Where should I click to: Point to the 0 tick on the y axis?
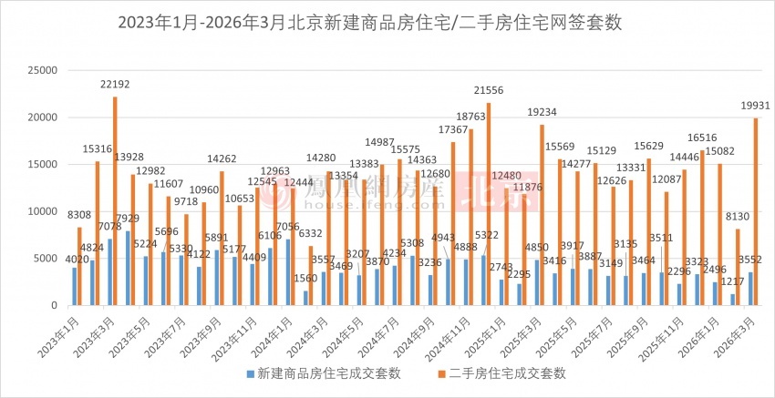point(55,306)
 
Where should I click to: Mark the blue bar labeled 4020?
point(75,287)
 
